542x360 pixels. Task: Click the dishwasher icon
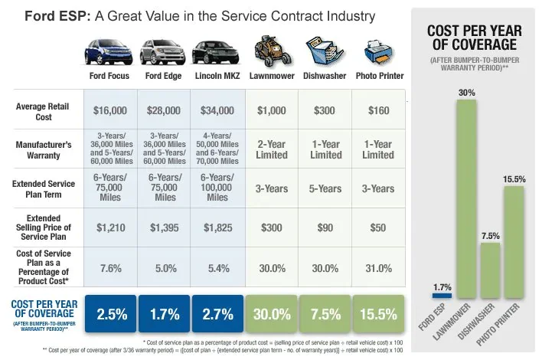pos(325,53)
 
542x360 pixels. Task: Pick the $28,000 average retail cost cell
pos(165,110)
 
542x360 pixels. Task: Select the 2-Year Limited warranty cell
pos(271,149)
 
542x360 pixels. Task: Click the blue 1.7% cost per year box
pos(165,314)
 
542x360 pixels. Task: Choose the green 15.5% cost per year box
pos(377,314)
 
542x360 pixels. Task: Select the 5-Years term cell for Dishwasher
pos(325,188)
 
